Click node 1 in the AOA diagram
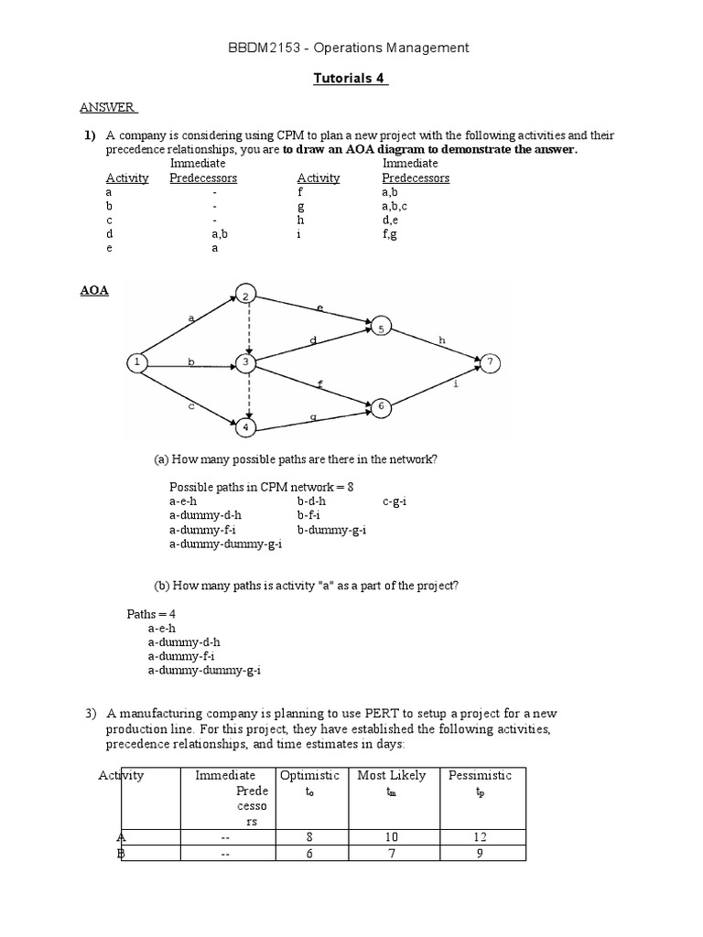136,363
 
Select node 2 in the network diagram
245,295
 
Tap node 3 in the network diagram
245,363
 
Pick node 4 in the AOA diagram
245,426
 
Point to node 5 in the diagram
381,326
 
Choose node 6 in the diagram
382,404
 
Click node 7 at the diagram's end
491,363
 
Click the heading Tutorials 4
351,78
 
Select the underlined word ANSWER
108,107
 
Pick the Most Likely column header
391,775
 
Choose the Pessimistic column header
480,775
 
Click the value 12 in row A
481,836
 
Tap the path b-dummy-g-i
331,530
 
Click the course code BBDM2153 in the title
261,48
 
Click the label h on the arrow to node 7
442,339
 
